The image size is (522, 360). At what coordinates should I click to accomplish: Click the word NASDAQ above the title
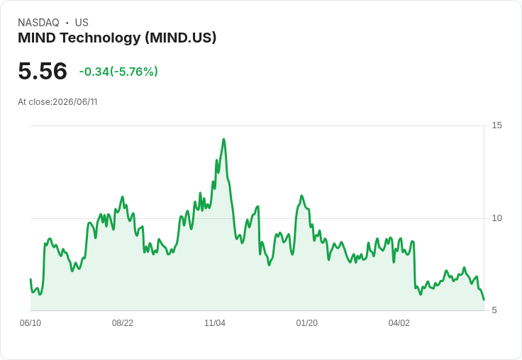[38, 23]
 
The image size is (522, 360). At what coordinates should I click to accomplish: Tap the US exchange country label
[82, 23]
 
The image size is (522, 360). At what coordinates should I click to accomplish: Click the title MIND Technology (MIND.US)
[117, 38]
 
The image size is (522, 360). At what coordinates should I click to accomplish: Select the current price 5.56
[43, 71]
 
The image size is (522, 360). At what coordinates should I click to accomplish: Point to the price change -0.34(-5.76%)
[118, 72]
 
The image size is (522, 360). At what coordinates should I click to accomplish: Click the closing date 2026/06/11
[75, 102]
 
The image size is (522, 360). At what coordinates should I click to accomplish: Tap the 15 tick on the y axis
[496, 125]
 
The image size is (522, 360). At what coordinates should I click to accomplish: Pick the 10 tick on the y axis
[496, 218]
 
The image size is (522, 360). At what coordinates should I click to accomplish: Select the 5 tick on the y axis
[494, 310]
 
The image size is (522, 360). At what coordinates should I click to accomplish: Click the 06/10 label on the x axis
[30, 323]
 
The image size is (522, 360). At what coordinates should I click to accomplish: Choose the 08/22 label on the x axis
[123, 323]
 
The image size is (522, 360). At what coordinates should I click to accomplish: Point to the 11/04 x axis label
[215, 323]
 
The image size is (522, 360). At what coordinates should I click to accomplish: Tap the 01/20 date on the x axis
[307, 323]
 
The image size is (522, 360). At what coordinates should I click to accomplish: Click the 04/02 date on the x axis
[399, 323]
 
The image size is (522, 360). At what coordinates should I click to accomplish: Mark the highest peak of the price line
[223, 139]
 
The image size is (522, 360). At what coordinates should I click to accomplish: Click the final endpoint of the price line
[484, 300]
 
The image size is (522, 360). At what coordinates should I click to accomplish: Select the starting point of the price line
[30, 279]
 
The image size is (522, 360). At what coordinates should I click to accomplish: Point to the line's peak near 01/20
[301, 196]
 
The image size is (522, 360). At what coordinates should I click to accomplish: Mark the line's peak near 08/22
[123, 196]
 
